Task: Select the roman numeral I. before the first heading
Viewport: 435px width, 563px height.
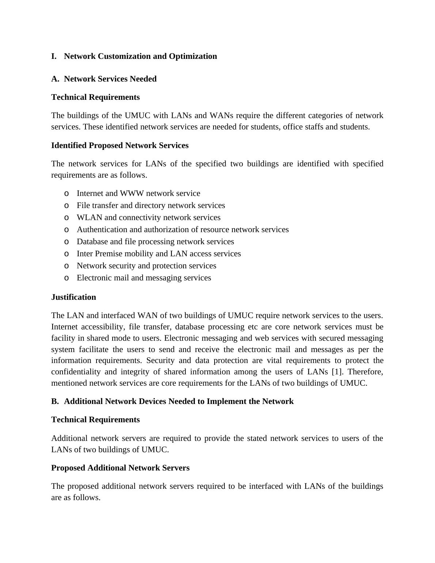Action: pyautogui.click(x=54, y=56)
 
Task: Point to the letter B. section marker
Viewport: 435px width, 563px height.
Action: pyautogui.click(x=55, y=401)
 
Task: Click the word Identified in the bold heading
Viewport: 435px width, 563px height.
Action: pyautogui.click(x=69, y=146)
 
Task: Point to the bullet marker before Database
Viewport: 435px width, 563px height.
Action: pyautogui.click(x=66, y=242)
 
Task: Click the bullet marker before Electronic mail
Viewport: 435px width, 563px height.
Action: pyautogui.click(x=66, y=278)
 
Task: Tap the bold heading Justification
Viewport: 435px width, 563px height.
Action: pyautogui.click(x=73, y=297)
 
